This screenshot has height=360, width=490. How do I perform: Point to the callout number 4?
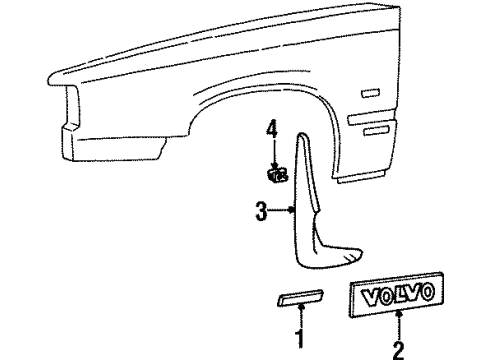pos(271,129)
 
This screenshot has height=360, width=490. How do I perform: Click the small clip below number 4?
pos(276,174)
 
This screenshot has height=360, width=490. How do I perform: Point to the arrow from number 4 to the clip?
pos(271,150)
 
